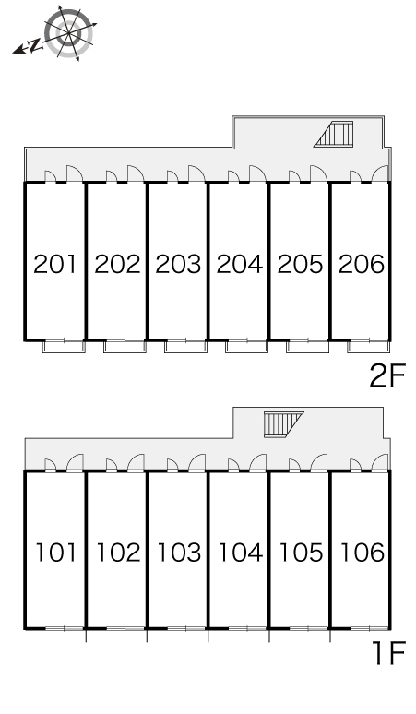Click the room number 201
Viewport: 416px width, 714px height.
[x=55, y=264]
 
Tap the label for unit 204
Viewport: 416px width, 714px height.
[x=240, y=264]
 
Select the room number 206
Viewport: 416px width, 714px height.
[x=362, y=264]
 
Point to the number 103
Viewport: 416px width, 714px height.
[x=179, y=553]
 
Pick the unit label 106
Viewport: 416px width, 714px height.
[x=363, y=553]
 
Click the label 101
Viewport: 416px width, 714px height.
[x=56, y=553]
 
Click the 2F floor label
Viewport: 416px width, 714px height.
[x=387, y=376]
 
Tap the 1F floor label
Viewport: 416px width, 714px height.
[x=388, y=653]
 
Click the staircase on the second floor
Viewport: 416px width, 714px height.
[x=334, y=134]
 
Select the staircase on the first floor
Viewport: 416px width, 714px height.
[x=283, y=424]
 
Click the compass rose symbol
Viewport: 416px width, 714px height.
[x=69, y=33]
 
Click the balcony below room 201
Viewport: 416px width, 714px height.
[x=64, y=346]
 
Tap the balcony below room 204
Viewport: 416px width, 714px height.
[x=246, y=346]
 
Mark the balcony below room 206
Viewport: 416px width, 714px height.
[x=369, y=346]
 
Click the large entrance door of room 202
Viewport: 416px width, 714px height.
[x=136, y=174]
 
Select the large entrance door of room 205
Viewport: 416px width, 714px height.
[x=318, y=174]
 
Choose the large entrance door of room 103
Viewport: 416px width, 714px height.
[x=197, y=463]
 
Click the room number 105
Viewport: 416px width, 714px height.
[x=301, y=553]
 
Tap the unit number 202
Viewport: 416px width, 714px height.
[x=117, y=264]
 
